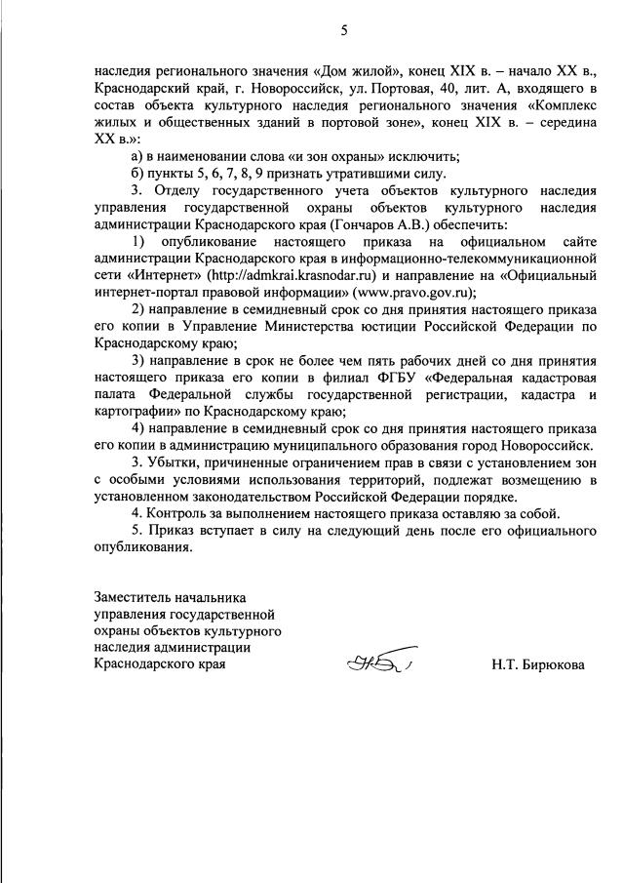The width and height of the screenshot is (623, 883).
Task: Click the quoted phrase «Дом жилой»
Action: pos(349,70)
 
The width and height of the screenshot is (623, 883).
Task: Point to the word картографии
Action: pos(134,414)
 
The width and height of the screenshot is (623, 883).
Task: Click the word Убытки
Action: pos(173,459)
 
